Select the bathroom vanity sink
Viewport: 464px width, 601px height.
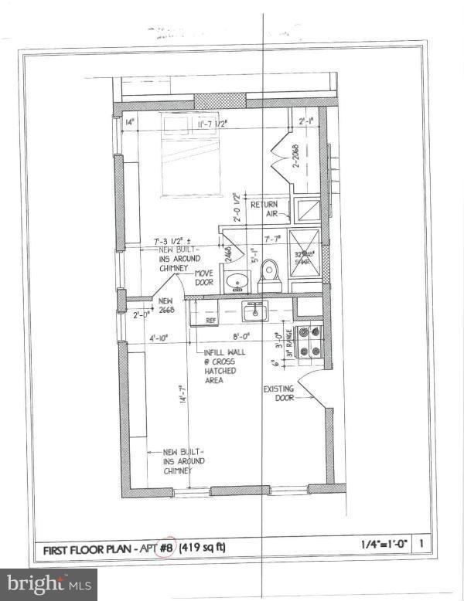(236, 280)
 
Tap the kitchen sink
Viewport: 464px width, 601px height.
(253, 312)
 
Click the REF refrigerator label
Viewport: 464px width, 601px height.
(210, 318)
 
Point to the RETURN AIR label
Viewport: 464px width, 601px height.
(264, 209)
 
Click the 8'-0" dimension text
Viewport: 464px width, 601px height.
(243, 337)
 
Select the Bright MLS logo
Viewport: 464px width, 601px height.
(48, 584)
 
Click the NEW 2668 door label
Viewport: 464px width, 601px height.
(167, 305)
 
